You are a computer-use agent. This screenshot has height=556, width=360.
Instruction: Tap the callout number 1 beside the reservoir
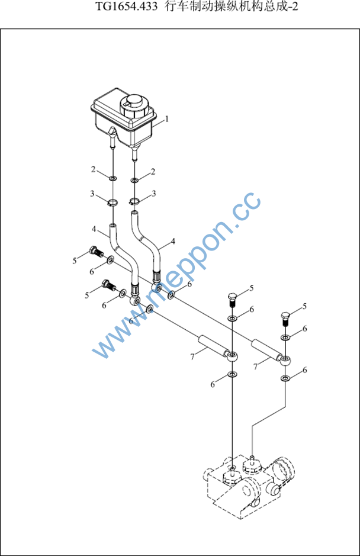[167, 118]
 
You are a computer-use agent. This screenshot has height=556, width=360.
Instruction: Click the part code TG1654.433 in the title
[127, 7]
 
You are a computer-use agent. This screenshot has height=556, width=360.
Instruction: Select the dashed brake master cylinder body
[250, 485]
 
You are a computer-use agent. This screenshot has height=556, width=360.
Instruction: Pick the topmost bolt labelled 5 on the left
[95, 251]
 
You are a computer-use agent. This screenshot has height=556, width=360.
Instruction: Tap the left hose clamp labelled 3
[112, 203]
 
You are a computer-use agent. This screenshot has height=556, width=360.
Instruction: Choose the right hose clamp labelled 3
[134, 202]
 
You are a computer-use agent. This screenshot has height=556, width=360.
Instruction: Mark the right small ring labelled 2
[134, 181]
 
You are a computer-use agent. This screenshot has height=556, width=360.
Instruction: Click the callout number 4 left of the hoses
[94, 229]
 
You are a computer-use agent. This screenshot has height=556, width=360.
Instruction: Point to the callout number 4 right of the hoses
[173, 242]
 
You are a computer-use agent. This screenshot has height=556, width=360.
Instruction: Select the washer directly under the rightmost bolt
[285, 338]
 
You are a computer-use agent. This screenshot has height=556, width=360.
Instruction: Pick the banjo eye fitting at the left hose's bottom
[135, 301]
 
